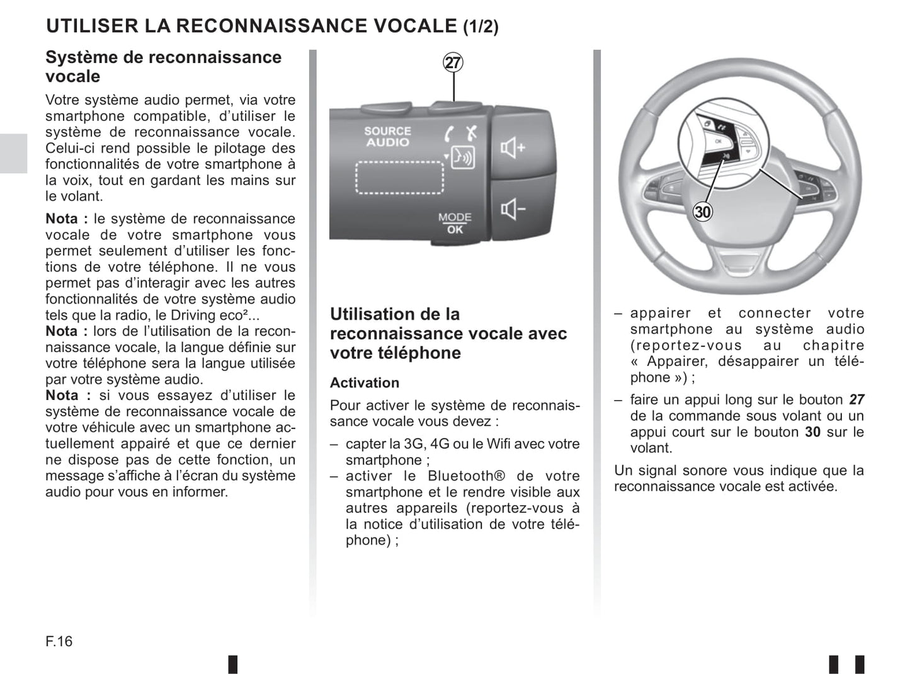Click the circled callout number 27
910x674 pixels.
point(453,63)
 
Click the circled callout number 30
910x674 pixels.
point(702,212)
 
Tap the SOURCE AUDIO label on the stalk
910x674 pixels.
point(387,137)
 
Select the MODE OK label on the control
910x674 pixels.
point(455,223)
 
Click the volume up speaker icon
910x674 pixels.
point(513,149)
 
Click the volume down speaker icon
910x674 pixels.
point(513,208)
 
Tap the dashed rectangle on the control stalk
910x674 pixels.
point(400,176)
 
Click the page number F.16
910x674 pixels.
point(59,641)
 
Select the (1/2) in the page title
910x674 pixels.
point(481,27)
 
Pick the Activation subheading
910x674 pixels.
point(365,383)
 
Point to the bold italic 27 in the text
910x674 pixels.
point(856,400)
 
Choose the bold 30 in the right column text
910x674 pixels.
point(812,432)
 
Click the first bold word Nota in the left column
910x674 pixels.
point(62,219)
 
